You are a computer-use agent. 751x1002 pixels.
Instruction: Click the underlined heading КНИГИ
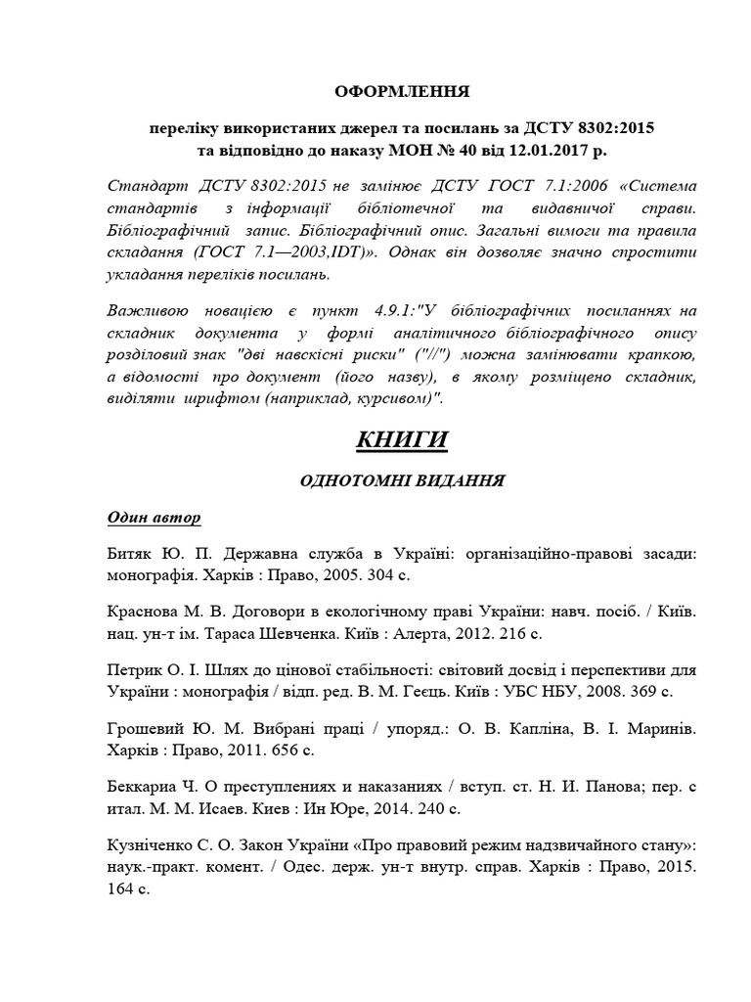tap(401, 441)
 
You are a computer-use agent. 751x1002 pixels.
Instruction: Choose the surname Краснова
tap(140, 610)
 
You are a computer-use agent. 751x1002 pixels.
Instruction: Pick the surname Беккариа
tap(142, 786)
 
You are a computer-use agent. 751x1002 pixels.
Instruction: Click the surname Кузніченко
tap(151, 844)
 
